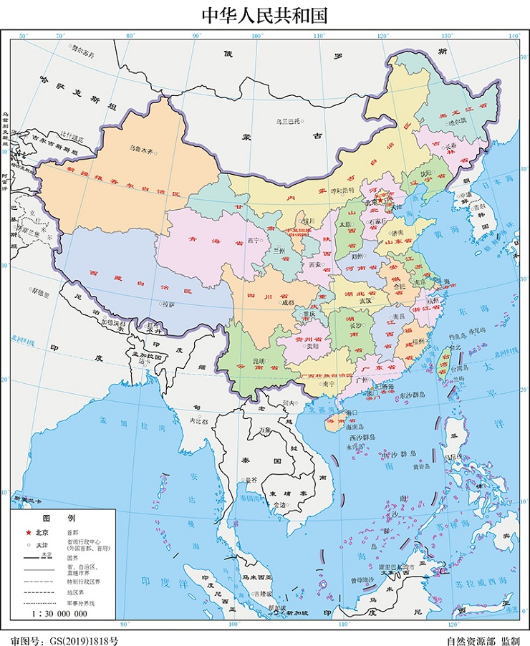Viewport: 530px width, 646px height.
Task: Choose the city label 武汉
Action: pos(366,301)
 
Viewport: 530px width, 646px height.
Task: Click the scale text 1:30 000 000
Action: pos(59,613)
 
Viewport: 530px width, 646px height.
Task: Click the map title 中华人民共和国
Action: pos(264,16)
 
